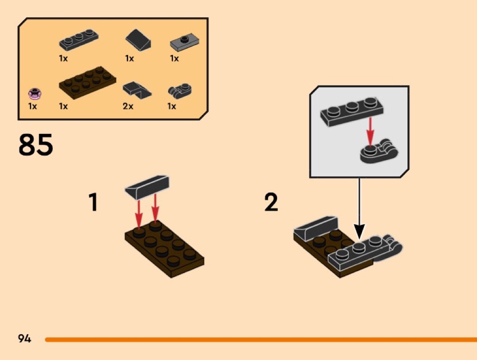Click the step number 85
[x=35, y=145]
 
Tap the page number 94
[x=25, y=338]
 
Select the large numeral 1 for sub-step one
[x=94, y=202]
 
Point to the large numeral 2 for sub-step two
[x=271, y=202]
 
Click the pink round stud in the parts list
[x=35, y=94]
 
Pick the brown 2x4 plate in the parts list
[x=87, y=83]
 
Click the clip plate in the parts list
[x=179, y=90]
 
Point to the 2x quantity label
[x=128, y=106]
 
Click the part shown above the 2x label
[x=137, y=90]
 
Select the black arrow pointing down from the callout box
[x=359, y=208]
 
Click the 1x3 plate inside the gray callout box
[x=352, y=111]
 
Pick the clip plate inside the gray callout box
[x=379, y=152]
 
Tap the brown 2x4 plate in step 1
[x=164, y=249]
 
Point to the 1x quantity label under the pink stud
[x=33, y=106]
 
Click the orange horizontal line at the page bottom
[x=261, y=339]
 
